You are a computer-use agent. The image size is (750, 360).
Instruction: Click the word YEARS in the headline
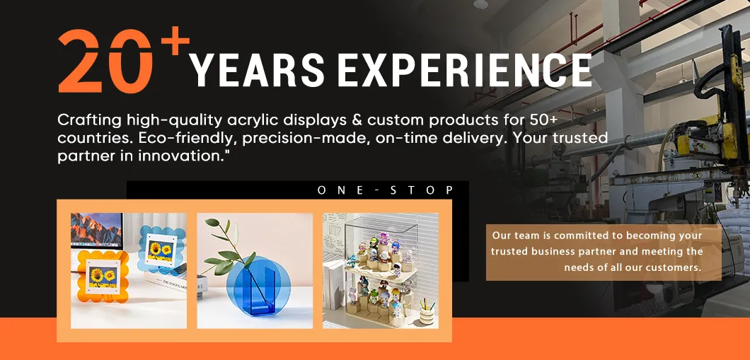click(x=258, y=70)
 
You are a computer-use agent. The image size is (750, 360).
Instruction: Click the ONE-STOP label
click(x=386, y=190)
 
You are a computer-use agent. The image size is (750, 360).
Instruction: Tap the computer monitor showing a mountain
click(x=96, y=231)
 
